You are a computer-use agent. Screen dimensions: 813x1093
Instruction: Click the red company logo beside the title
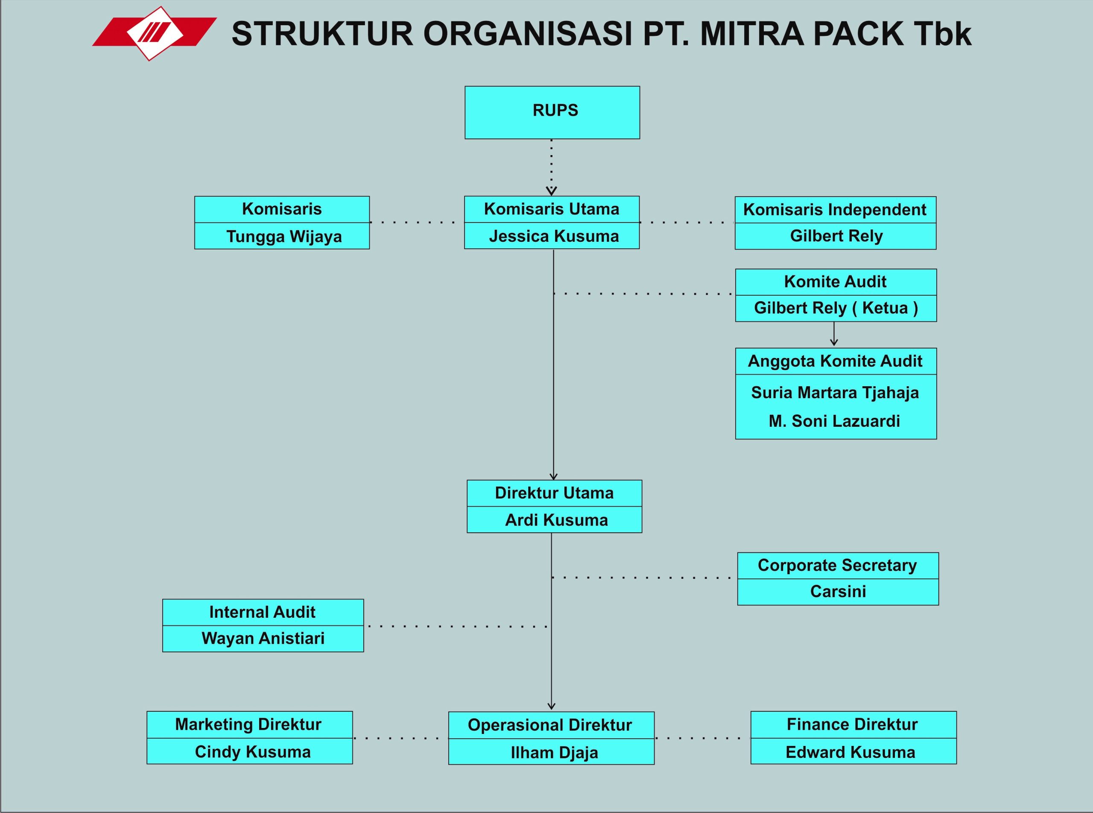155,33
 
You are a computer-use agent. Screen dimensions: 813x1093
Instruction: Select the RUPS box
552,112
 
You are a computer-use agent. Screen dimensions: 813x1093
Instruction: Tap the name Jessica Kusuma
554,236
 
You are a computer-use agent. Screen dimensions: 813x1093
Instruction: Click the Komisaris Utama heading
552,209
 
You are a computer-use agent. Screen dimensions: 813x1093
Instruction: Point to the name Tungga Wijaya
283,237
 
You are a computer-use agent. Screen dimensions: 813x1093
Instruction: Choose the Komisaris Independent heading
834,210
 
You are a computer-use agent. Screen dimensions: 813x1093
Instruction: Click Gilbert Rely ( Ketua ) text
836,308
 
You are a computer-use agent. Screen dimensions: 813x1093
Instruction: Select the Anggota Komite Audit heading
835,361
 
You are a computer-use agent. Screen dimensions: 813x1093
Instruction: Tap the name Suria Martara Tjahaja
835,393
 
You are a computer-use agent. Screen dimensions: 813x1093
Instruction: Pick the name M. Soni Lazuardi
834,421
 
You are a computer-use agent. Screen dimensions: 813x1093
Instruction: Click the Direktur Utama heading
554,493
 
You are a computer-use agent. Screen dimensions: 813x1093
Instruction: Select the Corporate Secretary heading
837,566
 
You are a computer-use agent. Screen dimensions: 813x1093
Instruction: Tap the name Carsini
838,592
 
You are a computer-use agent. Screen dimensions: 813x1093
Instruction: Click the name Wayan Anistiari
263,639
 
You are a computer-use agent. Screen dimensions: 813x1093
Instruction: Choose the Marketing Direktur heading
248,725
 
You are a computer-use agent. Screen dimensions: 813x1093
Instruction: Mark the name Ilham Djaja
554,753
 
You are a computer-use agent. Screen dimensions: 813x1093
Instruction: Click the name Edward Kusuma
850,752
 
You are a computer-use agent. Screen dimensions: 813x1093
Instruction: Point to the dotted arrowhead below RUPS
551,191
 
